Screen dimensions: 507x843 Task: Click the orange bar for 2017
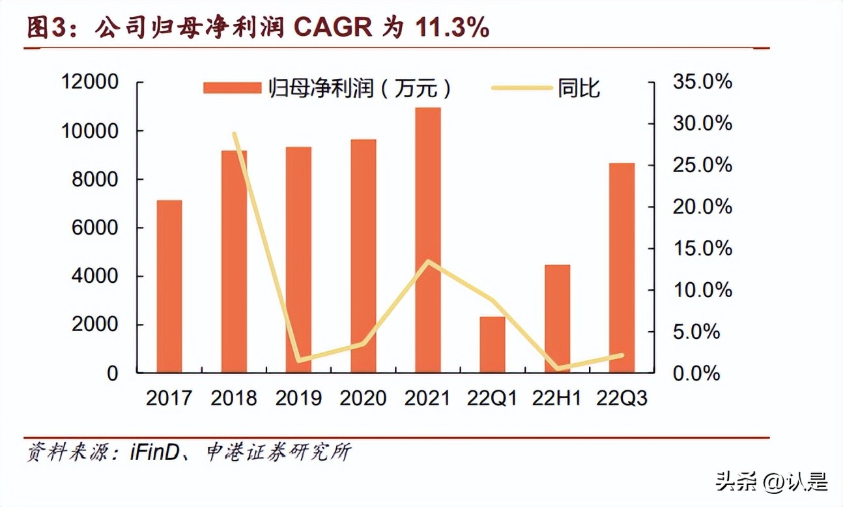(169, 287)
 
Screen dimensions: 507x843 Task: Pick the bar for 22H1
(557, 319)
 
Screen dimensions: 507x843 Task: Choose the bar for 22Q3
(622, 268)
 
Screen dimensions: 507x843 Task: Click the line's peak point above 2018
(234, 134)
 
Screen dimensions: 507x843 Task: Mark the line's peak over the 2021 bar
(428, 261)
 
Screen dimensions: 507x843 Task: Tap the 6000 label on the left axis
(95, 228)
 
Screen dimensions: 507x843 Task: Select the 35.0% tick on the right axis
(702, 82)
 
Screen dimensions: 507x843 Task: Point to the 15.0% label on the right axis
(702, 249)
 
